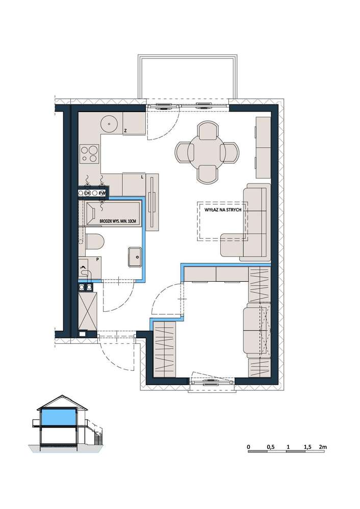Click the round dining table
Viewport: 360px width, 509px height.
click(x=207, y=151)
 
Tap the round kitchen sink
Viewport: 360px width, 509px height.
click(x=109, y=124)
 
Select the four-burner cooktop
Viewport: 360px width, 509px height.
click(x=89, y=153)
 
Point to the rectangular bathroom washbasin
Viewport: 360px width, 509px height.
click(x=135, y=257)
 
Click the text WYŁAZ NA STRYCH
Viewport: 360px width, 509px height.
click(x=222, y=210)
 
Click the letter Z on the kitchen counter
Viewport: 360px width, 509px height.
click(x=125, y=131)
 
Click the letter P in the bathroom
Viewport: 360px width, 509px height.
click(x=97, y=259)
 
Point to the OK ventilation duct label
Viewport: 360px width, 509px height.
click(x=87, y=193)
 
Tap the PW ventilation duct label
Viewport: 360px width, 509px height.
click(x=102, y=193)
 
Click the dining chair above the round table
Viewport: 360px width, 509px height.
click(x=208, y=129)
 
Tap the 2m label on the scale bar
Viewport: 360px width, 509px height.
click(x=323, y=447)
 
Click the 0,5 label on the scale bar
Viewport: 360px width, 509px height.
click(x=271, y=447)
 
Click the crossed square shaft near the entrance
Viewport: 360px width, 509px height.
click(x=88, y=311)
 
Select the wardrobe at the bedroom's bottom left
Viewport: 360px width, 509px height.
click(x=164, y=349)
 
